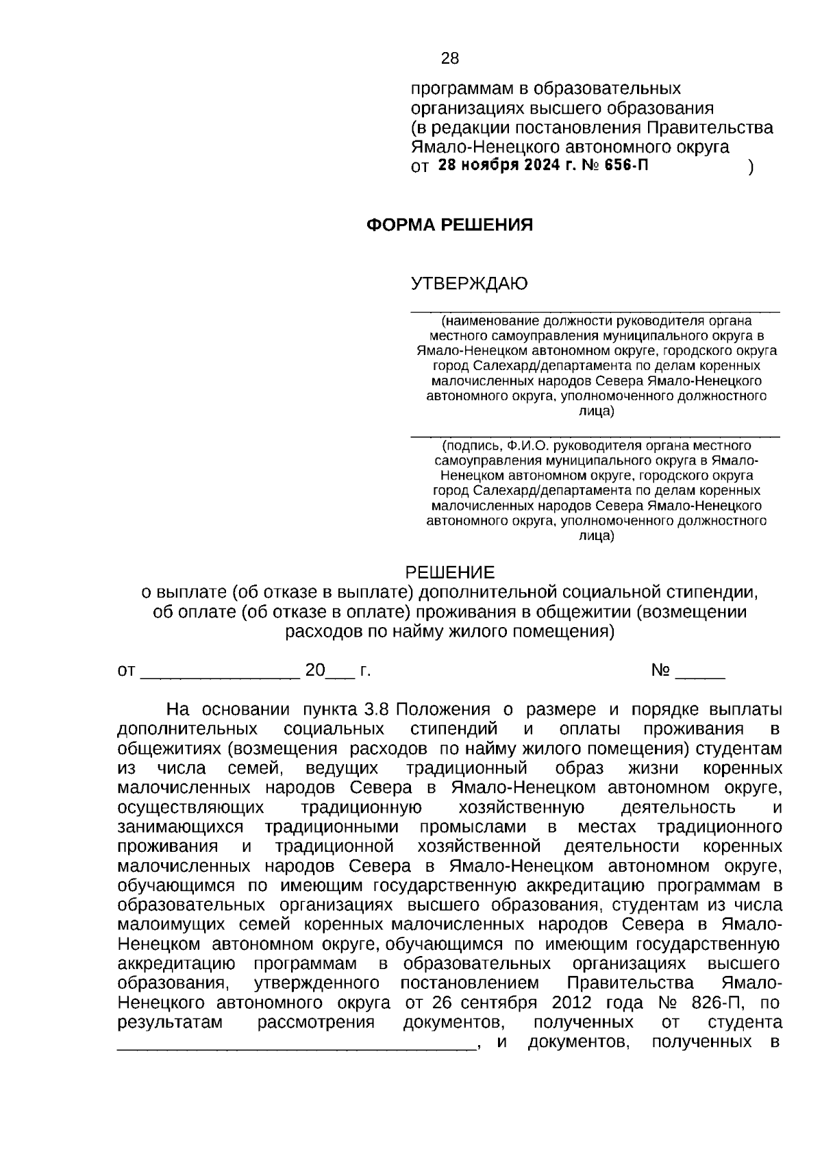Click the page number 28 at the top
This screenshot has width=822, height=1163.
coord(450,58)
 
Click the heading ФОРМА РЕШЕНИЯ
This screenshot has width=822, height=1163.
coord(450,225)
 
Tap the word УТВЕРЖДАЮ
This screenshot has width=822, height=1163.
coord(469,284)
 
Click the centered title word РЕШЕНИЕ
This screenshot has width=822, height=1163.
coord(450,572)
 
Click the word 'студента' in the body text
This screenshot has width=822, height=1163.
coord(745,1023)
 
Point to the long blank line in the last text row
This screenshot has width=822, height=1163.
coord(296,1046)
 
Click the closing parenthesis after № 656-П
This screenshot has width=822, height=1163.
coord(751,167)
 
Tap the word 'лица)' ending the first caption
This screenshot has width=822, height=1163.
coord(596,411)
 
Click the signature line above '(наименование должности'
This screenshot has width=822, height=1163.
coord(595,312)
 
